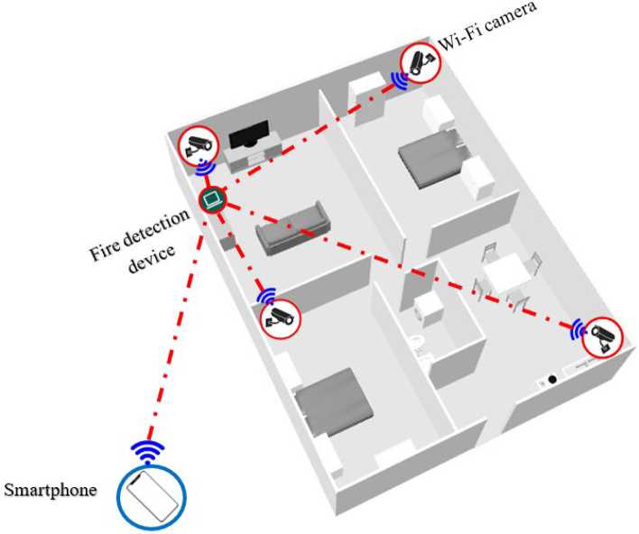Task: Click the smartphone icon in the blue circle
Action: point(151,495)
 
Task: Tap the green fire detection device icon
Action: point(212,199)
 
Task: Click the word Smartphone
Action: point(51,491)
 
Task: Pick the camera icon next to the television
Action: point(198,144)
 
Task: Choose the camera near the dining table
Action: point(602,339)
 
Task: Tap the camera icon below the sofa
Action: point(280,317)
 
